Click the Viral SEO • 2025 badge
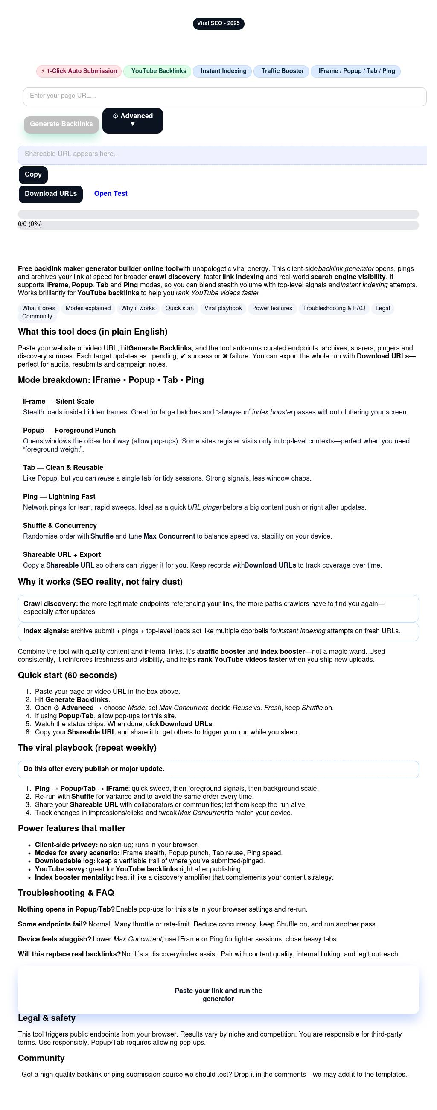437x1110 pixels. click(x=218, y=24)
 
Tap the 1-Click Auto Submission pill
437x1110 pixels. click(x=79, y=71)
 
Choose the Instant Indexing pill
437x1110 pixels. click(x=223, y=71)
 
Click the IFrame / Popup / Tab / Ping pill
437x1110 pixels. click(x=355, y=71)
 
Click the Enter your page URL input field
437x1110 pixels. click(x=224, y=96)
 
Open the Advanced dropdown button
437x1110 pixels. click(x=132, y=120)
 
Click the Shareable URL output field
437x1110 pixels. click(x=222, y=154)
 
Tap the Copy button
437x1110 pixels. click(x=33, y=175)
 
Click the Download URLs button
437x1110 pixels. click(x=50, y=194)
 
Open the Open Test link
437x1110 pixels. click(x=111, y=194)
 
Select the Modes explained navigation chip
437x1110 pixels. click(x=88, y=308)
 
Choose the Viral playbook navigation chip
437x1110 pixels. click(x=223, y=308)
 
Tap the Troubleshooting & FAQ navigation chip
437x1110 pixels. click(x=334, y=308)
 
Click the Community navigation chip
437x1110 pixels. click(x=37, y=316)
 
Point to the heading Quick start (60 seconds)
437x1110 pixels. click(x=67, y=675)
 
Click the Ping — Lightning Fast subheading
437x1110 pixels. click(x=59, y=496)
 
